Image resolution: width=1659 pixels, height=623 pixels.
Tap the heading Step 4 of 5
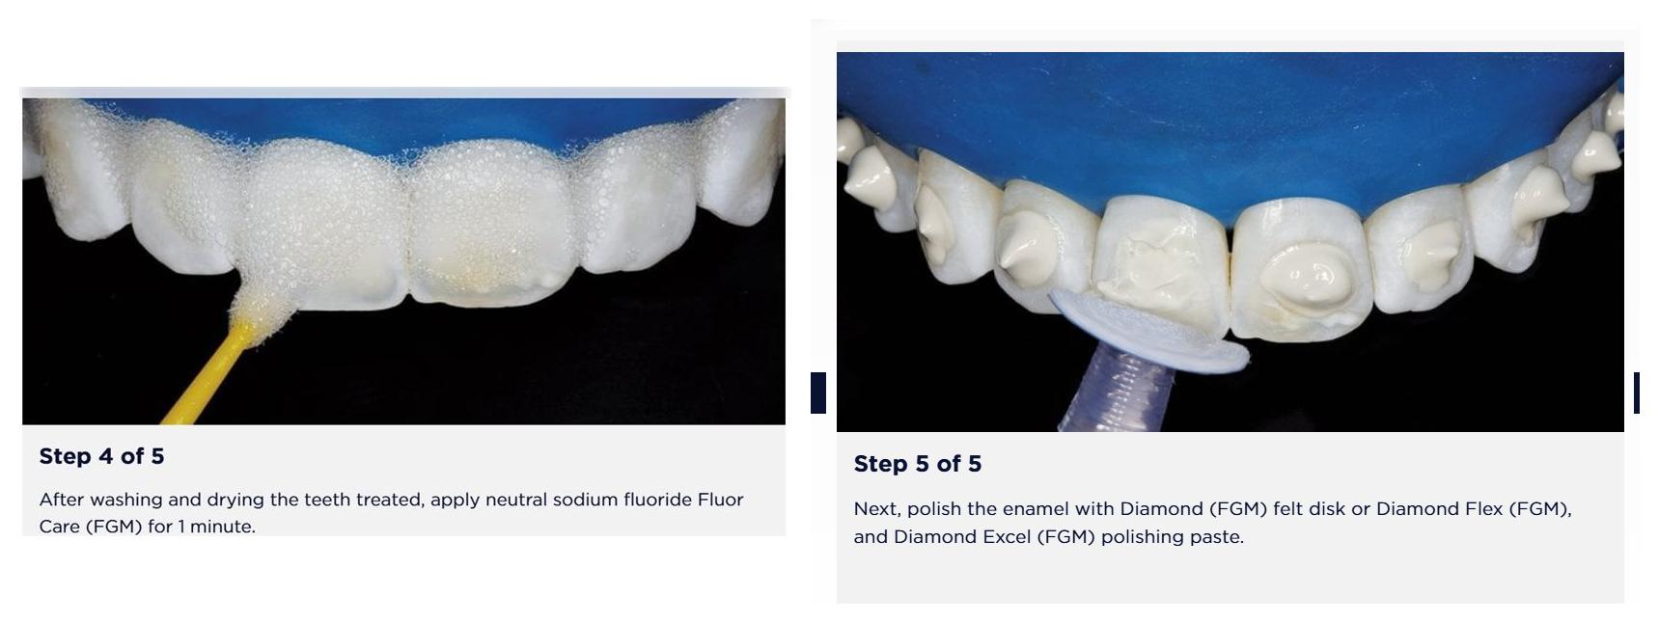pos(101,456)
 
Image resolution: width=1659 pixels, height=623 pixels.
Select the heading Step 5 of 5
pos(917,464)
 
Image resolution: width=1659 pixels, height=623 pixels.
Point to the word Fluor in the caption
pos(721,500)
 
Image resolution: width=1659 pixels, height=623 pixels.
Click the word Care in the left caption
pos(59,527)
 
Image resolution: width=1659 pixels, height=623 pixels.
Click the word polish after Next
pos(934,508)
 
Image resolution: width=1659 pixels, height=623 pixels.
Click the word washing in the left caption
pos(125,500)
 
